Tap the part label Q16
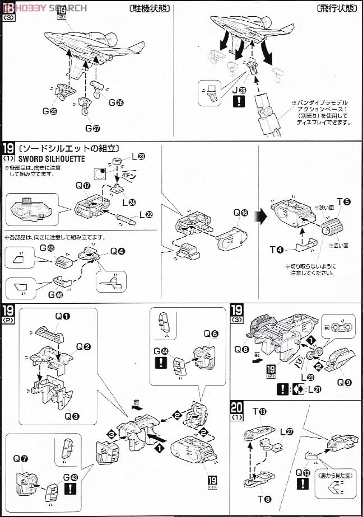point(241,213)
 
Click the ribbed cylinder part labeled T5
point(330,228)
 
